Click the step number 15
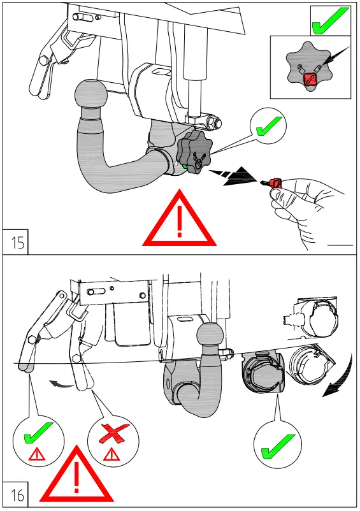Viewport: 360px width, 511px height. coord(18,242)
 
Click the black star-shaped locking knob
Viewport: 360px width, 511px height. coord(192,153)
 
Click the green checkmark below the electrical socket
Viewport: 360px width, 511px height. coord(278,445)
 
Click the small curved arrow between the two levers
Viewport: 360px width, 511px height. coord(61,384)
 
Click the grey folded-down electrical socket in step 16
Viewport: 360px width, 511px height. coord(263,376)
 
